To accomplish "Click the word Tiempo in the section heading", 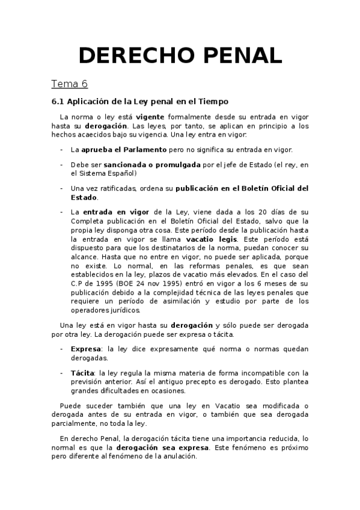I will tap(213, 102).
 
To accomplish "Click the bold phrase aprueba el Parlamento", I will tap(118, 148).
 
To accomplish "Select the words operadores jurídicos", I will tap(106, 311).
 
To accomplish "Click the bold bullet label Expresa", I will tap(84, 349).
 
